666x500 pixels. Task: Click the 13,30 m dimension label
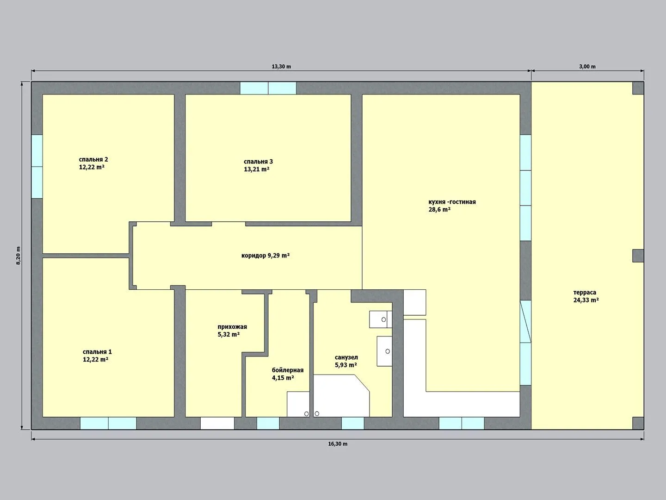point(281,67)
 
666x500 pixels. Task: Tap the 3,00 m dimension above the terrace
point(587,67)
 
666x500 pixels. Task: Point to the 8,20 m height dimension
point(18,255)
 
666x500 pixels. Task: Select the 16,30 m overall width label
point(338,444)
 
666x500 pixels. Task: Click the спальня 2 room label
point(93,159)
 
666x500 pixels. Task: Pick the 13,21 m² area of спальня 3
point(257,169)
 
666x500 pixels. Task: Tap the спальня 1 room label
point(97,352)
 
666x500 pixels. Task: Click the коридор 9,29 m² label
point(265,256)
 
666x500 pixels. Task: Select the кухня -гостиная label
point(452,202)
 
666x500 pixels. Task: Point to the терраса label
point(585,292)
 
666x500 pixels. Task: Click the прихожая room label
point(232,327)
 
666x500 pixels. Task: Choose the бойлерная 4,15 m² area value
point(283,378)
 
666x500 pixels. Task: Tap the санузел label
point(346,357)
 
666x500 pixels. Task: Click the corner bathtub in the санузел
point(341,395)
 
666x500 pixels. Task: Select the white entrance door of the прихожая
point(217,423)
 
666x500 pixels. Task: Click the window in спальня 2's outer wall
point(37,167)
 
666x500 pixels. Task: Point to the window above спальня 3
point(268,88)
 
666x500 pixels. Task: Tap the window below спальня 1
point(108,423)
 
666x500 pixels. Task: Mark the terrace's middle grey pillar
point(638,256)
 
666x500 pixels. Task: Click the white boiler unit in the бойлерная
point(298,404)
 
